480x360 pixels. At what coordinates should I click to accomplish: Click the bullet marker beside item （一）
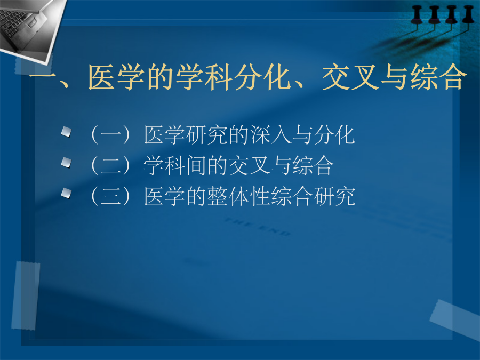click(66, 132)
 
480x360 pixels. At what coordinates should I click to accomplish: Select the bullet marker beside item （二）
click(66, 162)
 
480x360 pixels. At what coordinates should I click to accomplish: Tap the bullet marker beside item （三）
click(66, 193)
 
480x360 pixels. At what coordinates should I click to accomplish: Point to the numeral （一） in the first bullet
click(110, 135)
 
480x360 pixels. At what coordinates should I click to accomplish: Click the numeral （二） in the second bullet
click(110, 165)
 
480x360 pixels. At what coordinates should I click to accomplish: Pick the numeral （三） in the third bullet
click(110, 196)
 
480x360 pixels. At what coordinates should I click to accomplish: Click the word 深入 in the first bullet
click(270, 135)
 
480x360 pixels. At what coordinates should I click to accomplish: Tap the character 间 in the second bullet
click(196, 165)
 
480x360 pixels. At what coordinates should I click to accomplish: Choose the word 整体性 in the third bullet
click(239, 196)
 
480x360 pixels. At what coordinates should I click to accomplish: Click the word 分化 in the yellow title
click(263, 77)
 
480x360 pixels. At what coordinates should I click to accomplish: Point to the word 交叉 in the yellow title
click(350, 77)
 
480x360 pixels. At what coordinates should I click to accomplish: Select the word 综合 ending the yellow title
click(438, 77)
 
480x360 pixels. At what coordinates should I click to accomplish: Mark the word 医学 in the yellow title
click(117, 77)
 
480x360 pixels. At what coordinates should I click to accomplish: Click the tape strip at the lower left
click(26, 295)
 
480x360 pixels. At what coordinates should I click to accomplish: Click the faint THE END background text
click(257, 227)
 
